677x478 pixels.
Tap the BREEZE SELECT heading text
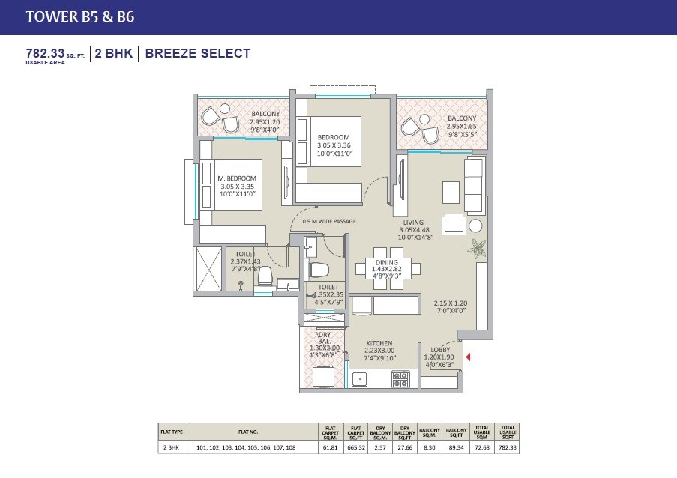tap(197, 53)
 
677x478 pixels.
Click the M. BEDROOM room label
tap(236, 178)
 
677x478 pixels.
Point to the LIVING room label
tap(412, 223)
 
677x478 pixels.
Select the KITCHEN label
tap(379, 343)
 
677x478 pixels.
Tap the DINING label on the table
tap(388, 262)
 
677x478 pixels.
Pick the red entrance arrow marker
tap(469, 359)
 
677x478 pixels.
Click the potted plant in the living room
tap(477, 247)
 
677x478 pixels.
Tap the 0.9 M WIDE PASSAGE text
tap(328, 222)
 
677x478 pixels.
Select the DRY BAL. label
tap(324, 337)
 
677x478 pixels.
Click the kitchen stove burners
tap(400, 379)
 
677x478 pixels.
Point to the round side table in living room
tap(476, 226)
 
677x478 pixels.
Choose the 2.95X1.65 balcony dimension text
tap(461, 127)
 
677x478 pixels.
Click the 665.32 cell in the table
tap(356, 447)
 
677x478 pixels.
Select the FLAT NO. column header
tap(248, 432)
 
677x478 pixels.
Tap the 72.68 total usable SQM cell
tap(483, 447)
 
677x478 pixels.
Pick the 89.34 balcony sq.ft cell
tap(457, 447)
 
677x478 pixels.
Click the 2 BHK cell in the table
tap(171, 447)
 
